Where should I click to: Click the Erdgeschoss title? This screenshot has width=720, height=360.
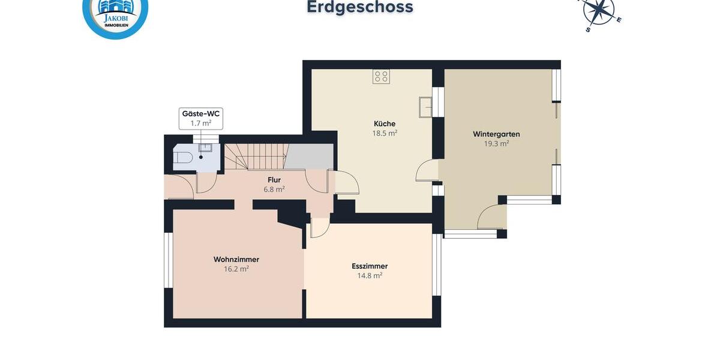[360, 7]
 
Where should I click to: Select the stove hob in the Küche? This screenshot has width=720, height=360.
[381, 76]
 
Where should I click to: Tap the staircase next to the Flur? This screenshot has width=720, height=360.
[255, 157]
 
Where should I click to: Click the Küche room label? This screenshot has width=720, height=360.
[385, 124]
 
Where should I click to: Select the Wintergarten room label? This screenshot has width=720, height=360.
[496, 134]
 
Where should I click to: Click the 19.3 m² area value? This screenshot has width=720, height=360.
[496, 143]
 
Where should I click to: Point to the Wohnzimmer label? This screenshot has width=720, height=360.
[236, 259]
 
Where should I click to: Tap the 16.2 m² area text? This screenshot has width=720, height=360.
[236, 269]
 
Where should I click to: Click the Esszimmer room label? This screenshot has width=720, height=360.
[370, 266]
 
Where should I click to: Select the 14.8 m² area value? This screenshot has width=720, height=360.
[370, 275]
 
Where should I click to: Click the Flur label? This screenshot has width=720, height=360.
[274, 179]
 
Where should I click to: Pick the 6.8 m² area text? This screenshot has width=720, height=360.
[274, 188]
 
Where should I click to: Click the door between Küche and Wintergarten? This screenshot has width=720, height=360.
[427, 170]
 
